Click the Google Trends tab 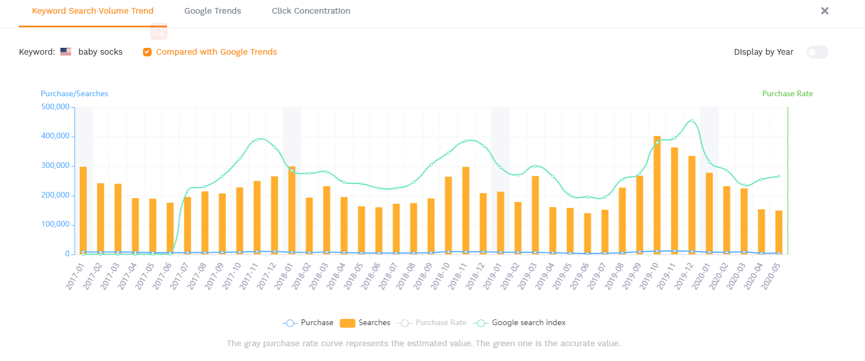coord(213,11)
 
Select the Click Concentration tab coord(311,11)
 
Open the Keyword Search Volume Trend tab coord(92,11)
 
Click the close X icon coord(824,11)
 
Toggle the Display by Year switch coord(817,52)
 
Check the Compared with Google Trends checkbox coord(147,52)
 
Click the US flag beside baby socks coord(66,52)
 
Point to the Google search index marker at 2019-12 coord(692,121)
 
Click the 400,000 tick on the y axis coord(55,137)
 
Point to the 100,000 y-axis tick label coord(55,225)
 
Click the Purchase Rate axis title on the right coord(787,94)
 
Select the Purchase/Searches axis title coord(74,94)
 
